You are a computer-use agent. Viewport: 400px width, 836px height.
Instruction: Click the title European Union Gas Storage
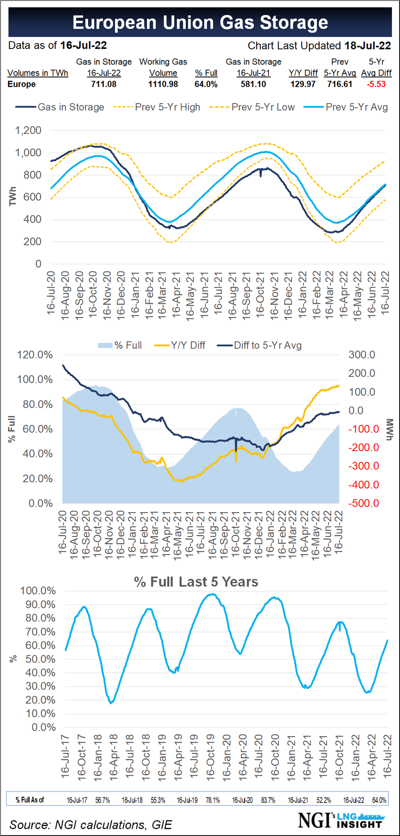pyautogui.click(x=200, y=22)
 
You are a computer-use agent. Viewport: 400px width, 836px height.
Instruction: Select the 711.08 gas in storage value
pyautogui.click(x=104, y=84)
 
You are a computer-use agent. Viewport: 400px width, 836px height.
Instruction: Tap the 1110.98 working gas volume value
pyautogui.click(x=163, y=84)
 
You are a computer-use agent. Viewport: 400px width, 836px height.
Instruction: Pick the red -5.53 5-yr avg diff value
pyautogui.click(x=376, y=84)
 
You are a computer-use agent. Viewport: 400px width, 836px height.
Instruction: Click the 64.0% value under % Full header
pyautogui.click(x=206, y=84)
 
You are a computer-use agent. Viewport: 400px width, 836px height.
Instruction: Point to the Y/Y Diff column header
pyautogui.click(x=303, y=73)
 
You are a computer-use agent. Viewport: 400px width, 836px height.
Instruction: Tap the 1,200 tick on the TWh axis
pyautogui.click(x=28, y=130)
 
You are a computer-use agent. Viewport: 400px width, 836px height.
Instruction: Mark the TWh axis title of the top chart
pyautogui.click(x=12, y=196)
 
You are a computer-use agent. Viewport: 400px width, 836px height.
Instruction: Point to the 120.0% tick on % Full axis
pyautogui.click(x=35, y=355)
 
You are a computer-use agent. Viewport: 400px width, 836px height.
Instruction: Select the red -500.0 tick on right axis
pyautogui.click(x=364, y=503)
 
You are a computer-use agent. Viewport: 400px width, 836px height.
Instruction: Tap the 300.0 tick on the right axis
pyautogui.click(x=361, y=355)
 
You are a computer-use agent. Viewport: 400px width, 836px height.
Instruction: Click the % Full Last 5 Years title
pyautogui.click(x=196, y=582)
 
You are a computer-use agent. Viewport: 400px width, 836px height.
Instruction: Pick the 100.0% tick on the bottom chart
pyautogui.click(x=38, y=591)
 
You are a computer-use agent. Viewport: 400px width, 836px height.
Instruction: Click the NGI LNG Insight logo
pyautogui.click(x=340, y=820)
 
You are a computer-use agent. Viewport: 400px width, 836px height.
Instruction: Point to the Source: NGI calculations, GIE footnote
pyautogui.click(x=91, y=825)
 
